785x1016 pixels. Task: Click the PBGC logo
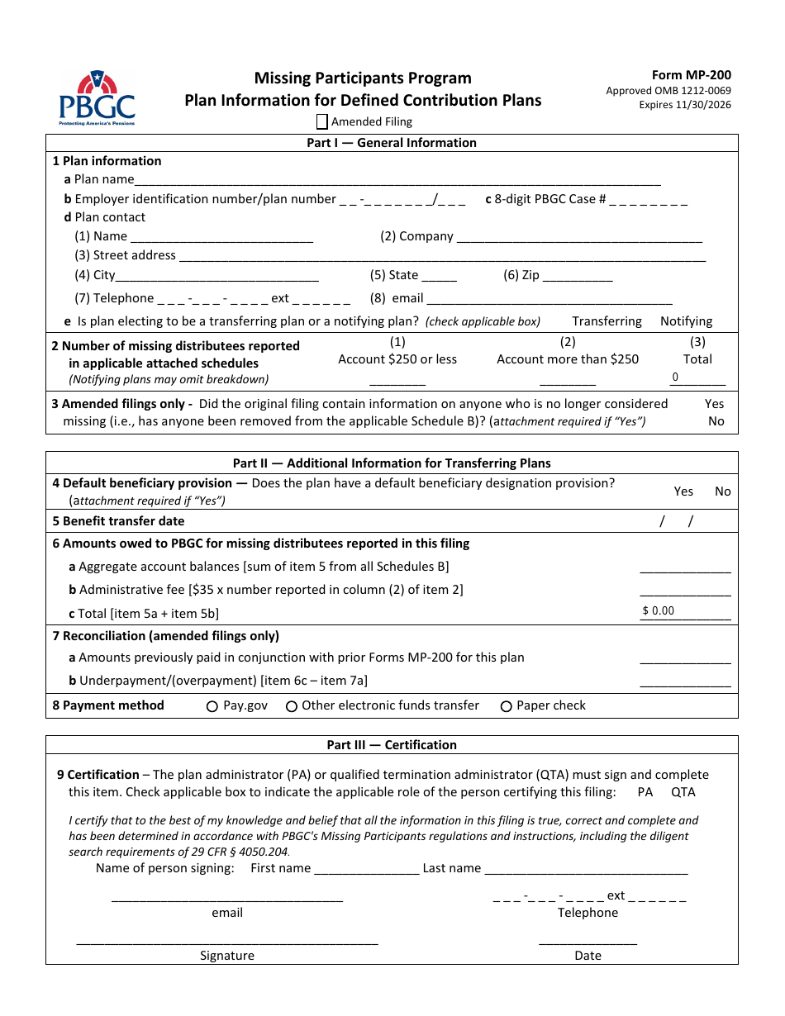97,97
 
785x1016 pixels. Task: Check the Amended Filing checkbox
322,121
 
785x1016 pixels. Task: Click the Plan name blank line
397,179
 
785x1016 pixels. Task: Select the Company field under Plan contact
578,236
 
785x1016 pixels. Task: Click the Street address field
442,255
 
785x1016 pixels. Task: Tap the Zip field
578,275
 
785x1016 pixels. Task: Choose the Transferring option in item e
607,321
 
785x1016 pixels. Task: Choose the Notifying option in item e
686,321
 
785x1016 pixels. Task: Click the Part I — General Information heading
392,143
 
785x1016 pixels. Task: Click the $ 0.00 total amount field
685,611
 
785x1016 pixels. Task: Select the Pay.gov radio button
212,706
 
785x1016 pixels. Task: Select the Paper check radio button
507,706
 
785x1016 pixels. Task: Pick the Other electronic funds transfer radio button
292,706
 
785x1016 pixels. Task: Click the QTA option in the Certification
683,792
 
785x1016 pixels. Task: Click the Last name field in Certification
586,868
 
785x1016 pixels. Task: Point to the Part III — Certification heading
392,745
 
